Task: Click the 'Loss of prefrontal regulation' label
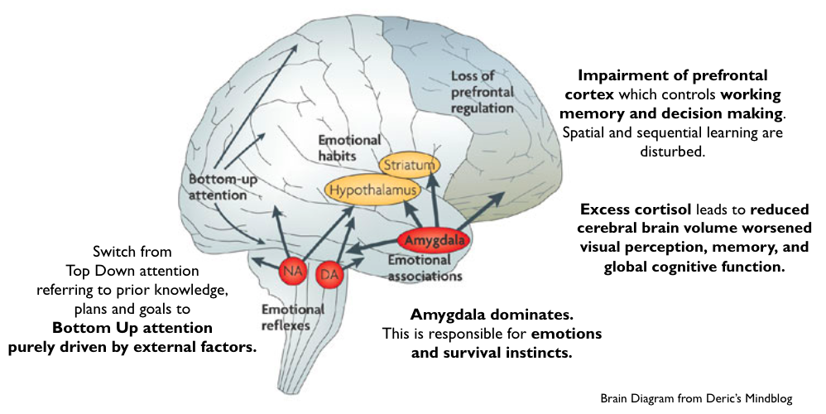(x=483, y=91)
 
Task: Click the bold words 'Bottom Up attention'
(x=132, y=328)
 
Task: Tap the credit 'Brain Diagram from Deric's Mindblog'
(x=696, y=399)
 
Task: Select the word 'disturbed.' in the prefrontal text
(x=671, y=152)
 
